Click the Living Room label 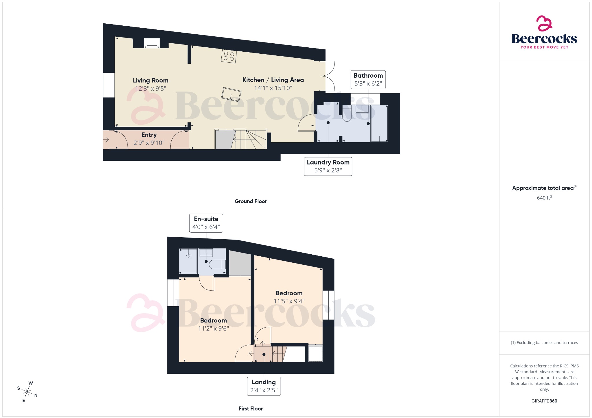150,81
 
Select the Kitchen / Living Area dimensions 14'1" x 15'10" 273,88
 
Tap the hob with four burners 229,56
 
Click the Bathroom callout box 368,80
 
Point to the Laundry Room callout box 328,166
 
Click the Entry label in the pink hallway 149,135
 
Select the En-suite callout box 206,223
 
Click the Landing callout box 264,386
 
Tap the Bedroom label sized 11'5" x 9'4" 289,293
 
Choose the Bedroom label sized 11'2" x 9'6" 213,321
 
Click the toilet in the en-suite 217,264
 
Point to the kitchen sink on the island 231,94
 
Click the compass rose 27,392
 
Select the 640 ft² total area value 544,198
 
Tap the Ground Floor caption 251,201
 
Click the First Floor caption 251,408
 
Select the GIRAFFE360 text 544,401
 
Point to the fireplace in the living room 151,43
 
